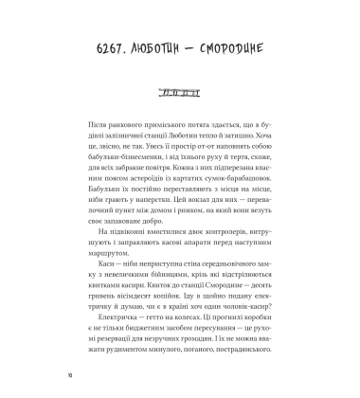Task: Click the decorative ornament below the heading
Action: click(x=180, y=93)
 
